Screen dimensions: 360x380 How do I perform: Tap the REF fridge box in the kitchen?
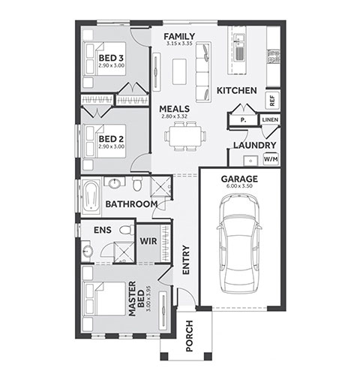click(272, 101)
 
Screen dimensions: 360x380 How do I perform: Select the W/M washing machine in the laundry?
click(271, 159)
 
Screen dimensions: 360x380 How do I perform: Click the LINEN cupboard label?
click(270, 120)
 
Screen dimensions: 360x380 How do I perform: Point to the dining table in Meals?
click(185, 137)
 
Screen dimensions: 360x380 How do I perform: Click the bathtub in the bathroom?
click(91, 195)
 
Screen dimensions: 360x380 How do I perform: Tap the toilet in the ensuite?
click(127, 230)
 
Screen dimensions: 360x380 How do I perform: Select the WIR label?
click(148, 241)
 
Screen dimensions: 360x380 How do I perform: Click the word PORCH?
click(189, 336)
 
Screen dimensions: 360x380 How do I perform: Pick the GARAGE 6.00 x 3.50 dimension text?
click(239, 186)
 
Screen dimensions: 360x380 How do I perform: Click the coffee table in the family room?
click(179, 71)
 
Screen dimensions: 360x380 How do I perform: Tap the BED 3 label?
click(111, 58)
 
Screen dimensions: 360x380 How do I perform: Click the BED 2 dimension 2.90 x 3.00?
click(112, 146)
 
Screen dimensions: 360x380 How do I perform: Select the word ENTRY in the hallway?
click(186, 260)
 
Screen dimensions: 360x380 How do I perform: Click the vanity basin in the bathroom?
click(115, 182)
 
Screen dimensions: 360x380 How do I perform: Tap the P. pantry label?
click(243, 120)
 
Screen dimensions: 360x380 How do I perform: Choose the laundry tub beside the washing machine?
click(250, 161)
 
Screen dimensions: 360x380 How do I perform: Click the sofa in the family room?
click(203, 72)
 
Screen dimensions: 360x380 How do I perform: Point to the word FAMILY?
click(179, 37)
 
